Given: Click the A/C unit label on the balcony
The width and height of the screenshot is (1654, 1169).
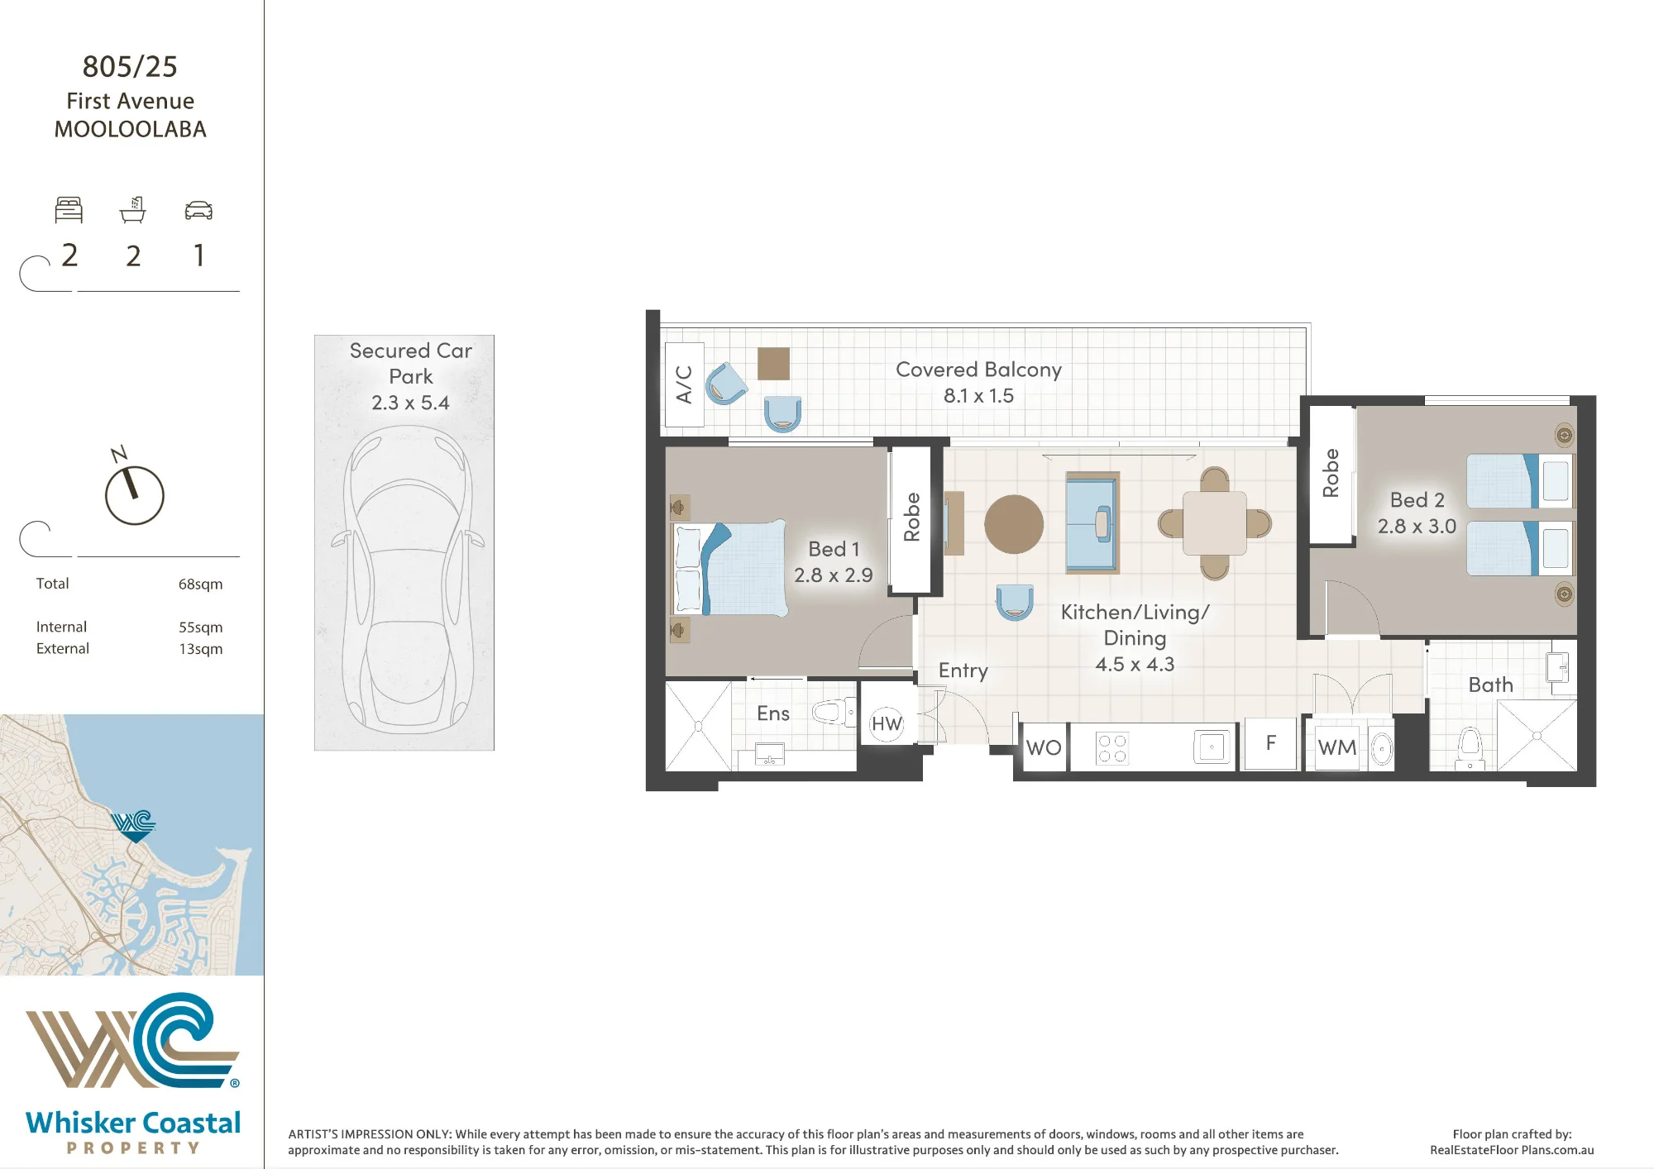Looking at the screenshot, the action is pyautogui.click(x=684, y=384).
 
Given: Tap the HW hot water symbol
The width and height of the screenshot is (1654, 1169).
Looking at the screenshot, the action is pyautogui.click(x=887, y=724).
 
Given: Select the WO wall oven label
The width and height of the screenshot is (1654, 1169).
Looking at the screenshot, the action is pyautogui.click(x=1044, y=747).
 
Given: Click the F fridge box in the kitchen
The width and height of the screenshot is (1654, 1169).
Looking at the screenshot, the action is pyautogui.click(x=1270, y=743).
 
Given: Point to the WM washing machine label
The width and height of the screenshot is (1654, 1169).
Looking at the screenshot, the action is pyautogui.click(x=1337, y=747).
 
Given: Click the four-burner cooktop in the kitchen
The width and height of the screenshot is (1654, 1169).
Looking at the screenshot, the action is pyautogui.click(x=1112, y=748).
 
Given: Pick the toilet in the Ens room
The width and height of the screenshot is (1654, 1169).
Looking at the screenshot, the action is pyautogui.click(x=834, y=711).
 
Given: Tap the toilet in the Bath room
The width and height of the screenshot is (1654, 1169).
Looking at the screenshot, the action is pyautogui.click(x=1470, y=747).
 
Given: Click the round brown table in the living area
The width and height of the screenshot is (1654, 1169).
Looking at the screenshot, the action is pyautogui.click(x=1014, y=524).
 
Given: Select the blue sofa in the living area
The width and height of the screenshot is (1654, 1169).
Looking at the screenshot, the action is pyautogui.click(x=1092, y=522).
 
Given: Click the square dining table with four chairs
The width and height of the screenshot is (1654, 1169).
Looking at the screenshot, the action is pyautogui.click(x=1214, y=523).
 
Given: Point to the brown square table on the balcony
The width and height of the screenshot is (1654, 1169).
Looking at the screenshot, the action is pyautogui.click(x=773, y=363).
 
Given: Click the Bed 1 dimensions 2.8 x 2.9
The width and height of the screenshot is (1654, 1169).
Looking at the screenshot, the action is pyautogui.click(x=834, y=575).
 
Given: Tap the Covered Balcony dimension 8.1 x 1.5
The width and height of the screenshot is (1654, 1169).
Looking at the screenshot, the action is pyautogui.click(x=978, y=396).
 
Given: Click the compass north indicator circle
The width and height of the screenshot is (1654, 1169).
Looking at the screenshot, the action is pyautogui.click(x=135, y=495).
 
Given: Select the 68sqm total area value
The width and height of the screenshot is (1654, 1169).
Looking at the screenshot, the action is pyautogui.click(x=200, y=584).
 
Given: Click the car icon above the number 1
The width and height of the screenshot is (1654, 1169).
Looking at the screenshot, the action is pyautogui.click(x=198, y=211).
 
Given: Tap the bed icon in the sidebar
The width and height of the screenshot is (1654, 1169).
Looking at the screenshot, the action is pyautogui.click(x=69, y=210).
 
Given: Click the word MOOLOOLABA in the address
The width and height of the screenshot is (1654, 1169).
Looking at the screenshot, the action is pyautogui.click(x=131, y=130).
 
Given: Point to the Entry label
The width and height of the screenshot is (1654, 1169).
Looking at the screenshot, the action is pyautogui.click(x=963, y=670).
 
